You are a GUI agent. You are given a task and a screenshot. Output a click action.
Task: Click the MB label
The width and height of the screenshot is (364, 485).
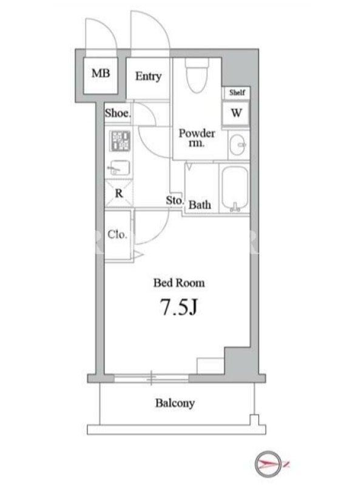pos(101,73)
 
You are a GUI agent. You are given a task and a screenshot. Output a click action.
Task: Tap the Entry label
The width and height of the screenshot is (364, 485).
pos(148,76)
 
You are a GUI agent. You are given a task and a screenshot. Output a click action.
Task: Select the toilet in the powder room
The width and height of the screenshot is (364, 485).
pos(197,75)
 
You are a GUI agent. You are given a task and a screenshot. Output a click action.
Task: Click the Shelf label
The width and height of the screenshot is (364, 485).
pos(237,92)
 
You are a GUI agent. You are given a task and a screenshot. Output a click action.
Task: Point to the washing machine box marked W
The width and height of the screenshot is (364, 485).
pos(236,113)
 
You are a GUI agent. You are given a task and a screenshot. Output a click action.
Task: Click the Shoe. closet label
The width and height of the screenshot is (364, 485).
pos(118,113)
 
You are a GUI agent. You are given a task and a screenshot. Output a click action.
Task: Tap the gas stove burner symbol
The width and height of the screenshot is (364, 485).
pos(120,141)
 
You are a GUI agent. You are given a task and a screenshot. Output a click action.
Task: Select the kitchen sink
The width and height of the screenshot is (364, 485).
pos(119,168)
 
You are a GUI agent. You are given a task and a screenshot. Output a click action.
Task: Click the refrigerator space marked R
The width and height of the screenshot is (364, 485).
pos(119,193)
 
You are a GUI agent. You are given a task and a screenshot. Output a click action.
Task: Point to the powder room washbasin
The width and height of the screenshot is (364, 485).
pos(238,144)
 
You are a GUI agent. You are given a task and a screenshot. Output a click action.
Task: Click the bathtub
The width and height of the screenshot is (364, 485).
pos(235,189)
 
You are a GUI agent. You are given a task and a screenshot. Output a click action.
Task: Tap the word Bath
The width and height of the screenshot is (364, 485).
pos(200,205)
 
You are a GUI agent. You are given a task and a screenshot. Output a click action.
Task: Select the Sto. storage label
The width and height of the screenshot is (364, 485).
pos(175,201)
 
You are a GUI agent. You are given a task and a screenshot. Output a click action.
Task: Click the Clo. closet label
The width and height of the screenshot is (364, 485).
pos(117,235)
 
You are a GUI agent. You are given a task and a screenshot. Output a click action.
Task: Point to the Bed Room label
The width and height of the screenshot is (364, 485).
pos(179,283)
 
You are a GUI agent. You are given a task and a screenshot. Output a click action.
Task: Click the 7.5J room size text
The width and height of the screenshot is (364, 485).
pos(178,307)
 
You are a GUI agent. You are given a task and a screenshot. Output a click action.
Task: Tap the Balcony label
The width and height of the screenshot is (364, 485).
pos(175,403)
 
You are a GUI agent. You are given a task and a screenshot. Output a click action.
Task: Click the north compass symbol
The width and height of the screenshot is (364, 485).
pos(269,464)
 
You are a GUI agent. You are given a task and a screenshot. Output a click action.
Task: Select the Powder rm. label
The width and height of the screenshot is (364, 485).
pos(197,138)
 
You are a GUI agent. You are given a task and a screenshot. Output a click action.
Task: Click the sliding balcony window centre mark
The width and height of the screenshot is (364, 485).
pos(151,378)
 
